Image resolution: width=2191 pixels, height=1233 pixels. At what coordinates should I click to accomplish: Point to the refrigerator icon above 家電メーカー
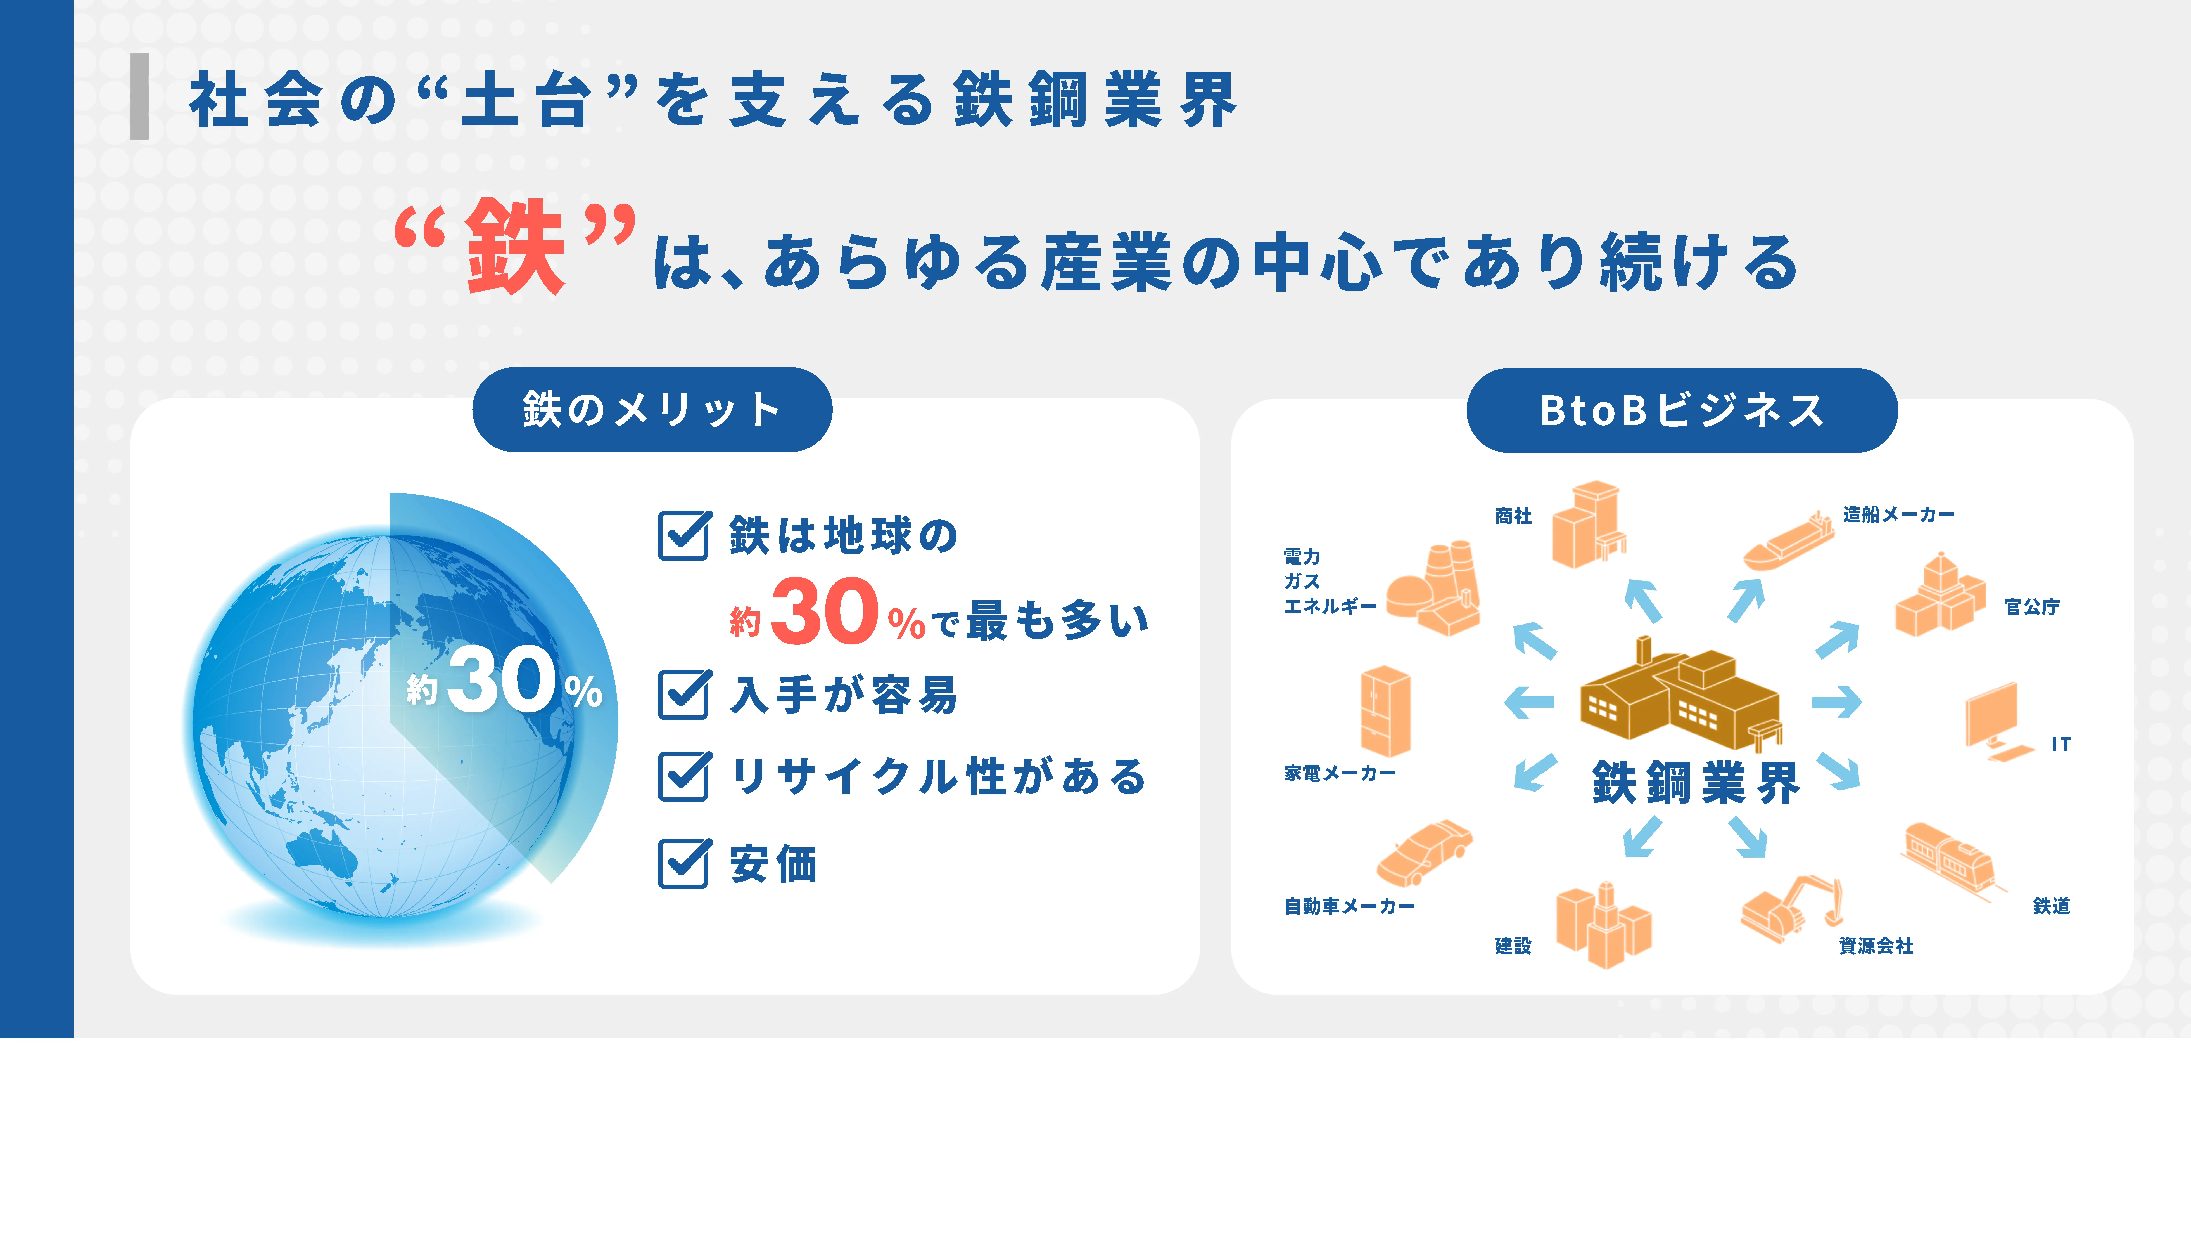coord(1385,711)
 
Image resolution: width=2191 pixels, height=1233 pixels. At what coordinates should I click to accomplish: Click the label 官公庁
coord(2032,607)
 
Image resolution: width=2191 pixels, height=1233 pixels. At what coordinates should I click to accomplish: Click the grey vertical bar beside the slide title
coord(139,96)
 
